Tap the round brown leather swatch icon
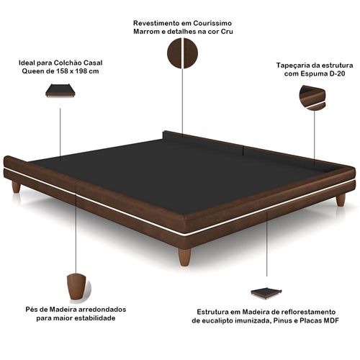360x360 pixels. click(x=182, y=53)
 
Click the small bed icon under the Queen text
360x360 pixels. click(x=60, y=91)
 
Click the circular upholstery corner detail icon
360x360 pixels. click(x=312, y=98)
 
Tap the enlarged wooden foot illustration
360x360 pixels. click(x=76, y=287)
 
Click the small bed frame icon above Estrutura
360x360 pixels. click(x=266, y=293)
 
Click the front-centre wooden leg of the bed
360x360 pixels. click(x=184, y=257)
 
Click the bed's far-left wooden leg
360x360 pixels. click(x=16, y=187)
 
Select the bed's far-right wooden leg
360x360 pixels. click(x=341, y=200)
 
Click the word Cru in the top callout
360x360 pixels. click(x=228, y=32)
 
